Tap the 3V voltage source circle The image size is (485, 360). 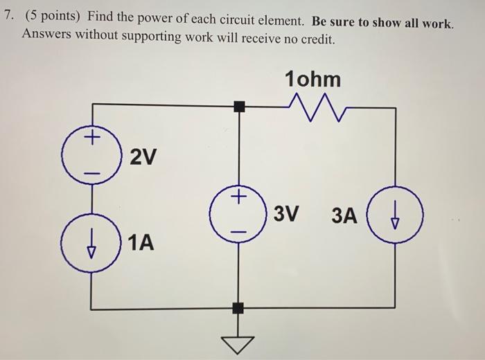pyautogui.click(x=239, y=212)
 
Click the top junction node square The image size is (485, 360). pyautogui.click(x=239, y=106)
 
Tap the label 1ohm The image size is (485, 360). pyautogui.click(x=312, y=79)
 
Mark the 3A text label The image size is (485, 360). pyautogui.click(x=344, y=216)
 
